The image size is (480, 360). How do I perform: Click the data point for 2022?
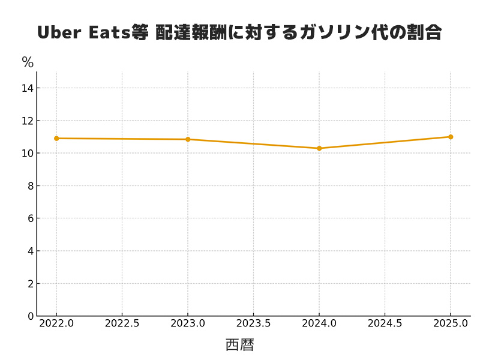point(56,139)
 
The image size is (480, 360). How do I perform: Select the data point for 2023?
point(188,139)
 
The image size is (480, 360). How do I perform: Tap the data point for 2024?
point(319,148)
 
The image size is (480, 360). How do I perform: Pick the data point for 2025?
point(451,137)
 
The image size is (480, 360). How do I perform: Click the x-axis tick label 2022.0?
point(56,323)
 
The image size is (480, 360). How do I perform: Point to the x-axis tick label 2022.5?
point(122,323)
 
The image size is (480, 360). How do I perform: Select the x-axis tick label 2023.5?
point(253,323)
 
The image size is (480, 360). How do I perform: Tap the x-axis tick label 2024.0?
point(319,323)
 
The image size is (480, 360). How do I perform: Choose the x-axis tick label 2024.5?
point(385,323)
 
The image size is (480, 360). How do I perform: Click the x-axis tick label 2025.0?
point(451,323)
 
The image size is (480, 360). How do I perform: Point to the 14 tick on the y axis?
point(27,88)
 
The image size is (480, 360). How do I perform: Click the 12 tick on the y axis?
point(27,121)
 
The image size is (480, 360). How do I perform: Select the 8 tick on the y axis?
point(29,186)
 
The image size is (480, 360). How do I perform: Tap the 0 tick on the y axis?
point(29,316)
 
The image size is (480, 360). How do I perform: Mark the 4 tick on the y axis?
point(29,251)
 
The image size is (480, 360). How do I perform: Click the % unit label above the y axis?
point(28,62)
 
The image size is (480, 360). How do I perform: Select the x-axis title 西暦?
point(240,345)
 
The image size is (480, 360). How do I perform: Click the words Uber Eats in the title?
point(84,32)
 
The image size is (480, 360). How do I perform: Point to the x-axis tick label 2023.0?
point(188,323)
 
